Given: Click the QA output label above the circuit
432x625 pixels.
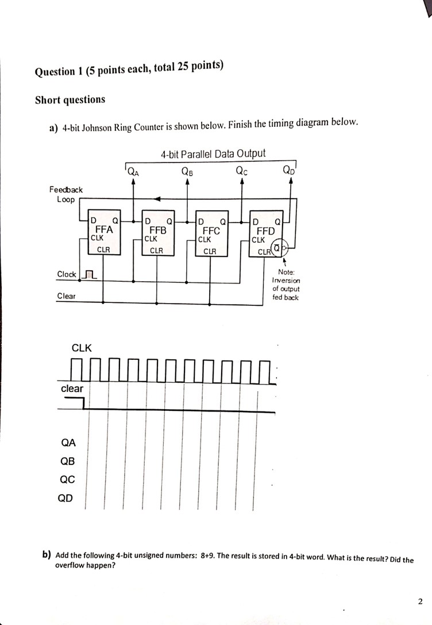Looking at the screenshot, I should coord(132,170).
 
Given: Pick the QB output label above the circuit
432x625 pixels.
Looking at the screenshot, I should coord(187,170).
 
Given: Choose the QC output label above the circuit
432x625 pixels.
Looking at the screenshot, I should coord(242,170).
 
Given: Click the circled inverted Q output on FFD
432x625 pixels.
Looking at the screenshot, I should coord(278,249).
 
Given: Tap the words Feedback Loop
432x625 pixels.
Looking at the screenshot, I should coord(65,194).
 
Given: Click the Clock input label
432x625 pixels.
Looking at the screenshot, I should coord(67,274).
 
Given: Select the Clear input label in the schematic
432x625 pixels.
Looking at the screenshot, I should coord(65,296).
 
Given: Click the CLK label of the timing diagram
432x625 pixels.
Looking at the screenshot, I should coord(81,348).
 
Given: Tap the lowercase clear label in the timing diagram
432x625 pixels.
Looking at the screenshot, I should coord(72,389).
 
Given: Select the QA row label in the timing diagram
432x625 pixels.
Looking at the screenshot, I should coord(68,442).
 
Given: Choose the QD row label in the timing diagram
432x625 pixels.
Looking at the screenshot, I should coord(65,498).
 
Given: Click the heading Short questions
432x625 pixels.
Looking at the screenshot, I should coord(70,100).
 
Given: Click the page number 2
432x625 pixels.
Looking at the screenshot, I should coord(420,601).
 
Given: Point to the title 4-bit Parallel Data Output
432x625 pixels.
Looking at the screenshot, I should coord(213,153).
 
